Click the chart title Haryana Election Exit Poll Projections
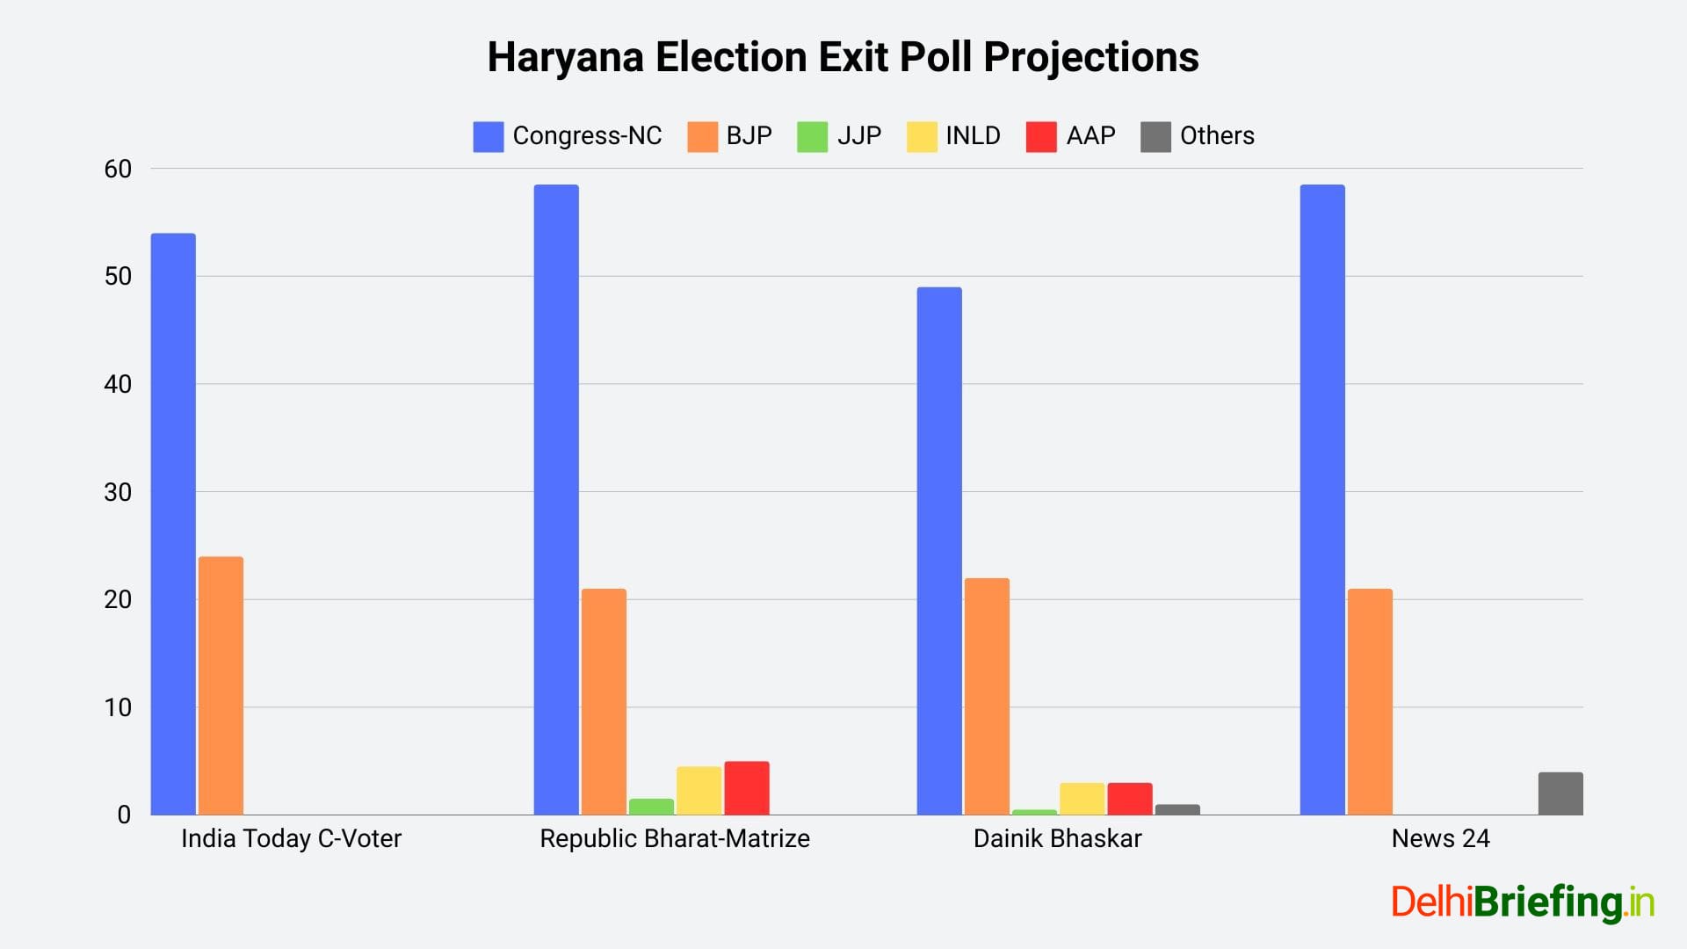coord(843,57)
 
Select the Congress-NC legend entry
coord(568,136)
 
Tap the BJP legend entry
coord(729,136)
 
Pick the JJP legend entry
coord(839,136)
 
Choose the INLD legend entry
coord(953,136)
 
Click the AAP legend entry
coord(1070,136)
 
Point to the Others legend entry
coord(1198,136)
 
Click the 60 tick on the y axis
coord(118,169)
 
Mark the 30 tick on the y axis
coord(118,492)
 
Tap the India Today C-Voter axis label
coord(291,838)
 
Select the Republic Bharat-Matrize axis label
coord(675,838)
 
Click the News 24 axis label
coord(1440,838)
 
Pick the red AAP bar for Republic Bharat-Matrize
coord(747,788)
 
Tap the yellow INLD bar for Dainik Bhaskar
coord(1082,799)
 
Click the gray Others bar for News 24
coord(1560,793)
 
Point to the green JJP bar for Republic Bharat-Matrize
coord(651,807)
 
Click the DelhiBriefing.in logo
coord(1523,902)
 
